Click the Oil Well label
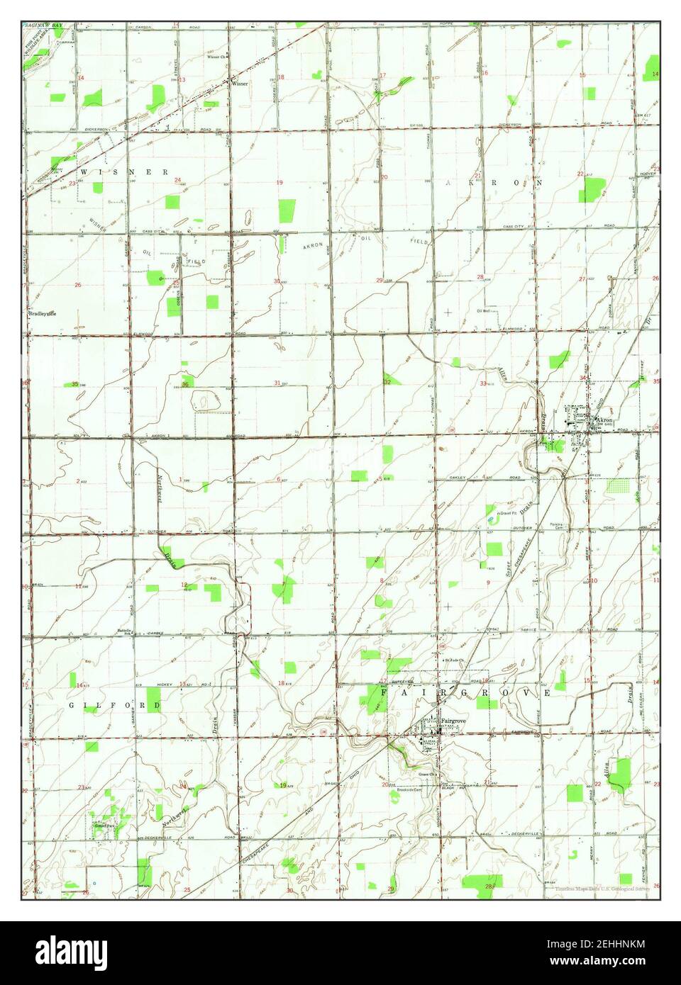(484, 310)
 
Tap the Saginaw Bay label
(43, 25)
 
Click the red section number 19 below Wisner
(279, 183)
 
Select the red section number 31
(277, 383)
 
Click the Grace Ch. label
(426, 774)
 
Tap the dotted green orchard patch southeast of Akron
(618, 486)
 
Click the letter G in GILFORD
(72, 706)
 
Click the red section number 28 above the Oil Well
(480, 277)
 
